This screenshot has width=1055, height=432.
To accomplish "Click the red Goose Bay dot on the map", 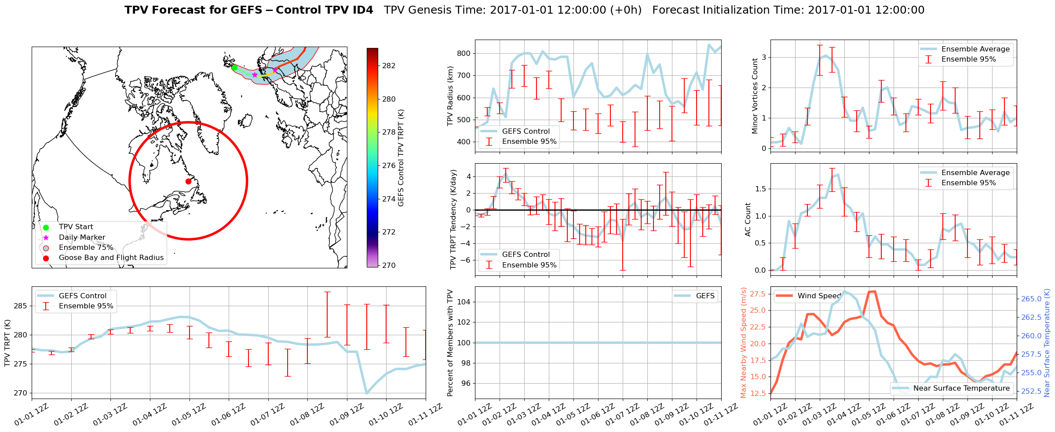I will coord(188,181).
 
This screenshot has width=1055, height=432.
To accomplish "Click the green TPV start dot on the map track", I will coord(234,67).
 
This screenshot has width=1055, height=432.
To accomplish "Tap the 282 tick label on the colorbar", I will coord(389,66).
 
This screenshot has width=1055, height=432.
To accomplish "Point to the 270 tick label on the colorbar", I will coord(389,265).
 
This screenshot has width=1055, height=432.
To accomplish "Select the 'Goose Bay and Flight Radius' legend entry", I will coord(111,258).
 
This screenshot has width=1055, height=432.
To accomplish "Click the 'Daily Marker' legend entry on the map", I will coord(82,238).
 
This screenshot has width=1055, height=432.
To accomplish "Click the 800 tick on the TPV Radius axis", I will coord(464,53).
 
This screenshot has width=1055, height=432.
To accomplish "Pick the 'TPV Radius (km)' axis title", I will coord(450,96).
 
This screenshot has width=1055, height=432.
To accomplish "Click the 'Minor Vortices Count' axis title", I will coord(755,96).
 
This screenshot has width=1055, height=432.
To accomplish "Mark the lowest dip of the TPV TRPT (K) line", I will coord(367,393).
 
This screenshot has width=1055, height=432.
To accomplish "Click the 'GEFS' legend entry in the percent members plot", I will coord(705,296).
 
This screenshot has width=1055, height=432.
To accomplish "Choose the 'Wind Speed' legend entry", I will coord(819,296).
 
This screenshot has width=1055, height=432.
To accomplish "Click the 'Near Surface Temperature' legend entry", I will coord(961,388).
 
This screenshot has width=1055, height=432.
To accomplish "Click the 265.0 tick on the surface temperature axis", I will coord(1031,299).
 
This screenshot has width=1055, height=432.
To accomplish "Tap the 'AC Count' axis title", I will coord(748,220).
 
